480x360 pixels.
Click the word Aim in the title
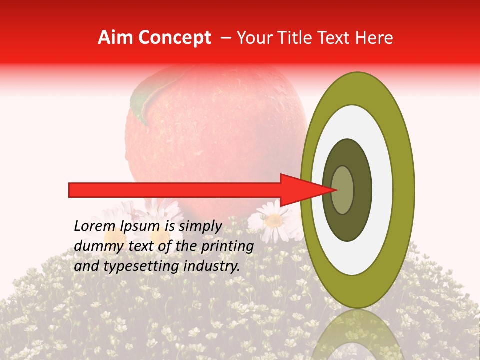tap(116, 38)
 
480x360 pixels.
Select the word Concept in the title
tap(174, 38)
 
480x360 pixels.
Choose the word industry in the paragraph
tap(211, 266)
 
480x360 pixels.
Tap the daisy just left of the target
tap(272, 220)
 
